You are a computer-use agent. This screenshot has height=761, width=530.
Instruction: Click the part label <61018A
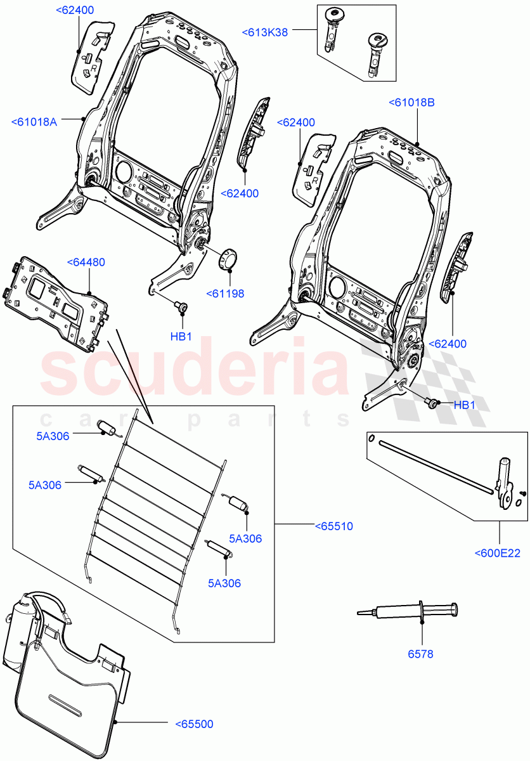[34, 122]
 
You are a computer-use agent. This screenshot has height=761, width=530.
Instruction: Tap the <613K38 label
[264, 32]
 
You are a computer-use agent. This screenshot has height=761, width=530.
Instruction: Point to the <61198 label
[225, 294]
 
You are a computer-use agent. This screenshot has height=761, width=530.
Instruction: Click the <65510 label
[333, 526]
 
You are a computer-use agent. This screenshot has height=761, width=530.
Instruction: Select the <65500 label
[194, 724]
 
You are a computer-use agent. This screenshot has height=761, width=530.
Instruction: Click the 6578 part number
[421, 654]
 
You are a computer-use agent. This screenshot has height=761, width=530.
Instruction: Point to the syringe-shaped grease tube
[409, 612]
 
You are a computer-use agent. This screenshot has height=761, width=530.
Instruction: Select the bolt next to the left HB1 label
[183, 308]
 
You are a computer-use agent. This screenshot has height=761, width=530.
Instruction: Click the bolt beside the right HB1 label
[432, 403]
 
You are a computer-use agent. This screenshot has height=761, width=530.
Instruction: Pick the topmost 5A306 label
[53, 436]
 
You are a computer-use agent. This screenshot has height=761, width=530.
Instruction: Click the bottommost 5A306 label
[224, 583]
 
